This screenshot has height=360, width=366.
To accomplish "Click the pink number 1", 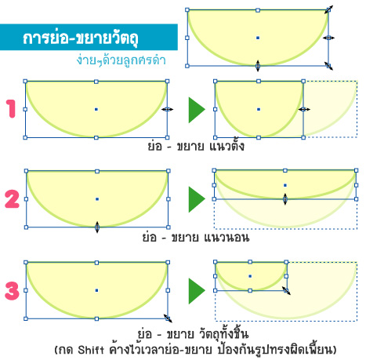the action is [x=11, y=108].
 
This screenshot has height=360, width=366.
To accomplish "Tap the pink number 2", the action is [x=12, y=199].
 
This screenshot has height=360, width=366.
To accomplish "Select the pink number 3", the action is [x=12, y=290].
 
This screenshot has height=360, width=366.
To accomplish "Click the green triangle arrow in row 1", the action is [x=197, y=110].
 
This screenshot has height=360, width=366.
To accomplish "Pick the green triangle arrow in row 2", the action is [x=197, y=199].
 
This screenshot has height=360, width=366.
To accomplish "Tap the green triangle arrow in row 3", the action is [x=197, y=291].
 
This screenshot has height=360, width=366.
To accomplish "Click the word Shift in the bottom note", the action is [x=91, y=350].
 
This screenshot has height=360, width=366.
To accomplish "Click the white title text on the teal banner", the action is [x=81, y=38].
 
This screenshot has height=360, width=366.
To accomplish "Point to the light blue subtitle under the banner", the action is [x=121, y=60].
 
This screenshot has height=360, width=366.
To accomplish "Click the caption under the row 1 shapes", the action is [x=196, y=147].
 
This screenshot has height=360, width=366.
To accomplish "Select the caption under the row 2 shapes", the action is [x=196, y=238].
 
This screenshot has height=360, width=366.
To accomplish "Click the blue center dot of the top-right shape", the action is [x=258, y=38].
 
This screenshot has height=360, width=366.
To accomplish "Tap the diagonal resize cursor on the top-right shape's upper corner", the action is [x=328, y=9].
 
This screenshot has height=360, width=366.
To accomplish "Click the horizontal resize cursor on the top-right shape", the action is [x=328, y=38].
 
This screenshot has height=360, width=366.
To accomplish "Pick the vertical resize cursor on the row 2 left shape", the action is [x=97, y=227].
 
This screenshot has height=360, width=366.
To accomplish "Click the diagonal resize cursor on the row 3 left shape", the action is [x=168, y=318].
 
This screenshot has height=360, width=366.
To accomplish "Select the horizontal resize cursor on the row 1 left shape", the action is [x=167, y=109].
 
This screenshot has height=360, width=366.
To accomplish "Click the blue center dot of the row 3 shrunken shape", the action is [x=250, y=276].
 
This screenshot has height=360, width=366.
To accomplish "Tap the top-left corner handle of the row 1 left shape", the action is [x=25, y=82].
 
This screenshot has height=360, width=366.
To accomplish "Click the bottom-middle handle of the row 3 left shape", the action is [x=96, y=318].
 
